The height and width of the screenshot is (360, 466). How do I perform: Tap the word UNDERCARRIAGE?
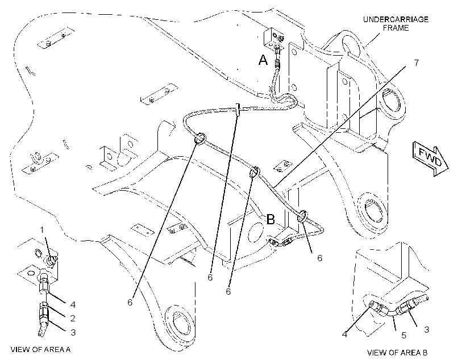(396, 20)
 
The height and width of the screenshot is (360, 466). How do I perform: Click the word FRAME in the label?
(396, 28)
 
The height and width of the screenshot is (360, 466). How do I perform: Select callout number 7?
(416, 62)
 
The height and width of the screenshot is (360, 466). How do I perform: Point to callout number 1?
(42, 229)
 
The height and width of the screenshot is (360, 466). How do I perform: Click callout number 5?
(404, 336)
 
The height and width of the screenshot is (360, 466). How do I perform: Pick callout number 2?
(73, 318)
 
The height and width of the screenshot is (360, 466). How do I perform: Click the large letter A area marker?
(263, 60)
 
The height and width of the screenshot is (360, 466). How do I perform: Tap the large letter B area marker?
(271, 220)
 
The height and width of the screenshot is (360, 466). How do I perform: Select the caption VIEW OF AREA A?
(41, 350)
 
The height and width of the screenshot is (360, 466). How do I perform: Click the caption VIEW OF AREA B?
(397, 353)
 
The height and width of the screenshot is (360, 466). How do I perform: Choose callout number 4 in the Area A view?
(73, 304)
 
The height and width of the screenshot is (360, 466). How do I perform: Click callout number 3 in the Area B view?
(426, 329)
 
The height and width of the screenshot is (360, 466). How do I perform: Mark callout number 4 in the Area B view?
(344, 334)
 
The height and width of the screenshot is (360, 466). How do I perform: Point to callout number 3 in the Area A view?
(73, 332)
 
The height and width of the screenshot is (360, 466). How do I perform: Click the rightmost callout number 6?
(319, 258)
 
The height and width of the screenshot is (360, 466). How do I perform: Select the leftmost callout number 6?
(130, 302)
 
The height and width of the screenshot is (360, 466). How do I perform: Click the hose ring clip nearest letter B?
(302, 216)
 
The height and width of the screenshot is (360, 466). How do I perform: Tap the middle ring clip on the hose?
(255, 172)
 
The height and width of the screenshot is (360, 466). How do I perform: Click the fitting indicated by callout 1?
(52, 261)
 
